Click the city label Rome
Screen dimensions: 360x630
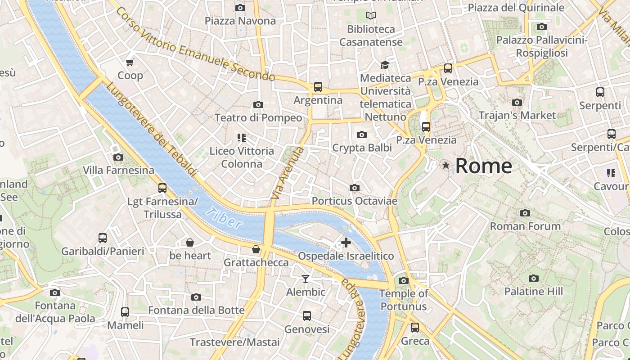point(483,166)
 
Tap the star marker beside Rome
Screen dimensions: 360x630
point(446,166)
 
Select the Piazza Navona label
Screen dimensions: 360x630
point(240,21)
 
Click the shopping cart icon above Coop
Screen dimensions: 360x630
point(130,62)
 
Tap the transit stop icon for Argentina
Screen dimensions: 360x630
point(318,86)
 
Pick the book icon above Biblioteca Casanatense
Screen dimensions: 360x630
point(371,16)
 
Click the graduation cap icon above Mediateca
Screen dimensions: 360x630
point(384,65)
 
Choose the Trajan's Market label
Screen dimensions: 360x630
point(517,116)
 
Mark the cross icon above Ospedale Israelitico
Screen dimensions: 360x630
point(346,243)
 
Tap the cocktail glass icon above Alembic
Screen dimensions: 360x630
point(306,279)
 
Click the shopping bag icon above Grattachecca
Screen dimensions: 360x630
point(256,249)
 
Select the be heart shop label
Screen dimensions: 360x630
point(190,256)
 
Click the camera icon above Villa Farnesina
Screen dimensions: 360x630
point(118,157)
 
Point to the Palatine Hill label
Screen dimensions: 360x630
point(533,292)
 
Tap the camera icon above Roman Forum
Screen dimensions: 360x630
point(525,213)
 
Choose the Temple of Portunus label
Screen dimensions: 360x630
point(403,300)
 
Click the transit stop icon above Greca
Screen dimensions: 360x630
point(415,327)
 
